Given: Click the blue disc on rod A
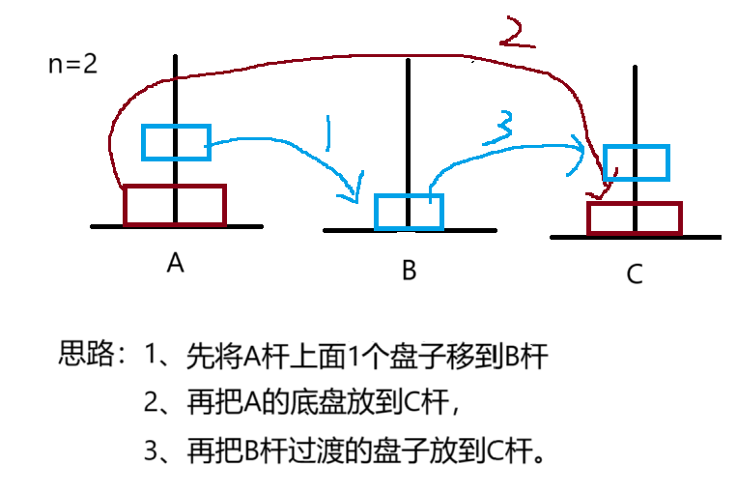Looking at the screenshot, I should click(x=175, y=142).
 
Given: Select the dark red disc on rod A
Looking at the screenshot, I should click(x=174, y=205).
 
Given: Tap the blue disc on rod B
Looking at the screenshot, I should click(x=409, y=211).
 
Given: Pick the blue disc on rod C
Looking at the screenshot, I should click(x=636, y=162).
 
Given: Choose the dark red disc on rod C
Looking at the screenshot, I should click(x=635, y=218).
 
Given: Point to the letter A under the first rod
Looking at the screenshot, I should click(x=175, y=263).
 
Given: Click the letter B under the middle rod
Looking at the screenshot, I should click(x=409, y=271).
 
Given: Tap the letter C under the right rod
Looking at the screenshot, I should click(x=634, y=275).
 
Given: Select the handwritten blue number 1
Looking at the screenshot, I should click(x=328, y=135).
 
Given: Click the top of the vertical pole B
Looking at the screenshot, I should click(x=409, y=62).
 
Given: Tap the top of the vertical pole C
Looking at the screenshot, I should click(x=635, y=68).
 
